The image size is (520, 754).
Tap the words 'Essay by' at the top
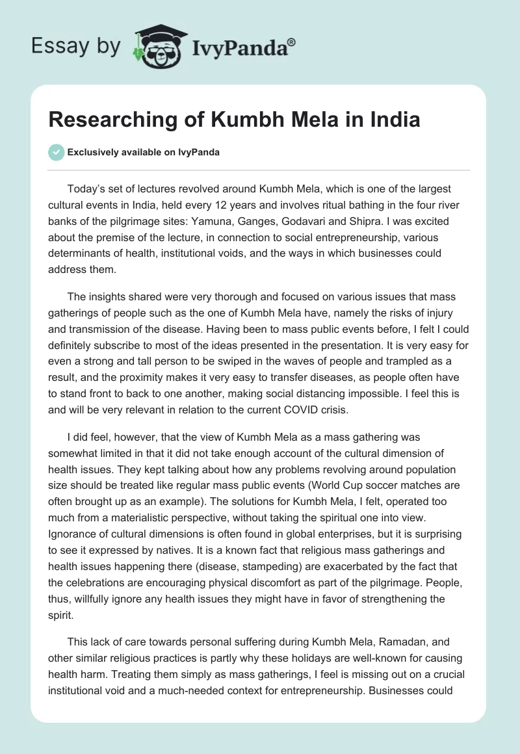[77, 46]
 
